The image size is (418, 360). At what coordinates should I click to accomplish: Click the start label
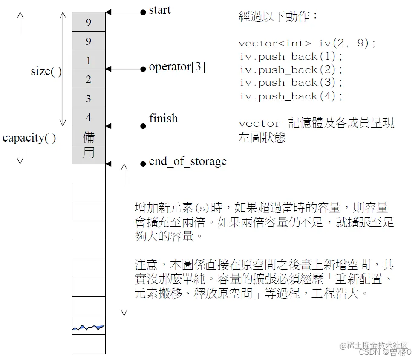coord(160,10)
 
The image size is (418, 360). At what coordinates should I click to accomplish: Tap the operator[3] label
coord(177,67)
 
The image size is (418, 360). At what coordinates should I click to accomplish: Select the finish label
coord(163,119)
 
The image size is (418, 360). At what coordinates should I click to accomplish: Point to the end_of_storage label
coord(187,162)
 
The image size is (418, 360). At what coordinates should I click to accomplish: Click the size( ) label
coord(46,71)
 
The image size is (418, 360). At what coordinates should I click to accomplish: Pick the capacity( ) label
coord(29,138)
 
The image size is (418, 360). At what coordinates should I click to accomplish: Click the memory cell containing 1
coord(89,60)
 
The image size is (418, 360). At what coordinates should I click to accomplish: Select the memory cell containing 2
coord(89,79)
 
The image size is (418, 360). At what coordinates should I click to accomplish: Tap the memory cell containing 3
coord(89,98)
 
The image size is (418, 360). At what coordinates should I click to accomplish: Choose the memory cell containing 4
coord(89,117)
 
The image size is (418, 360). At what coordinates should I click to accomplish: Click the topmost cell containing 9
coord(89,22)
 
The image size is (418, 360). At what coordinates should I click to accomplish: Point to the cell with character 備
coord(89,136)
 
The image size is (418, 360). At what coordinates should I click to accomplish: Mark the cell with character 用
coord(89,153)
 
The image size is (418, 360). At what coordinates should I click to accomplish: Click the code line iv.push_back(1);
coord(291,56)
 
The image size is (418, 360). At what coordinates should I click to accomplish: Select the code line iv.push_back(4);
coord(291,96)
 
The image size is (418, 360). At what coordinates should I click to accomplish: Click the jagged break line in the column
coord(89,328)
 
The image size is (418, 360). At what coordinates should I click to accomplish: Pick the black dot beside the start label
coord(143,12)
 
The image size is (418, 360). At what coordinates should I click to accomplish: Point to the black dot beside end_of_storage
coord(143,163)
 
